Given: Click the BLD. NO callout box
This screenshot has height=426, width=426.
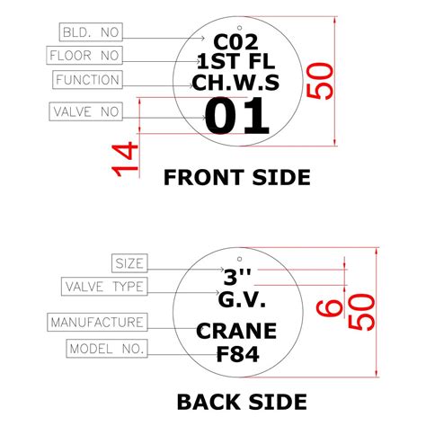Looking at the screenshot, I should pyautogui.click(x=89, y=32).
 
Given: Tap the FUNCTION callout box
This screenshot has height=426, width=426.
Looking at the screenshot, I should pyautogui.click(x=87, y=80).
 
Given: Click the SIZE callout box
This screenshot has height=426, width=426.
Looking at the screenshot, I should pyautogui.click(x=129, y=263).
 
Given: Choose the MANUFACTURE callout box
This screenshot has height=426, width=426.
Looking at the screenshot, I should pyautogui.click(x=97, y=322).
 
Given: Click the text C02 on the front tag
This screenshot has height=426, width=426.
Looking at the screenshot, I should pyautogui.click(x=235, y=41).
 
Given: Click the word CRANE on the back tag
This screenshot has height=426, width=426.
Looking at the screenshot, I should pyautogui.click(x=236, y=333).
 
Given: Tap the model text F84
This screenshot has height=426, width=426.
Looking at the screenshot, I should pyautogui.click(x=237, y=354).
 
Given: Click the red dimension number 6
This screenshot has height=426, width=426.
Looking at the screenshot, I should pyautogui.click(x=333, y=307).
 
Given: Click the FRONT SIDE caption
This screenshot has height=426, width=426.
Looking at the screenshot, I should pyautogui.click(x=236, y=177).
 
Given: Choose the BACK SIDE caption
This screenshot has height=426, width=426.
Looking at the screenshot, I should pyautogui.click(x=241, y=401).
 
